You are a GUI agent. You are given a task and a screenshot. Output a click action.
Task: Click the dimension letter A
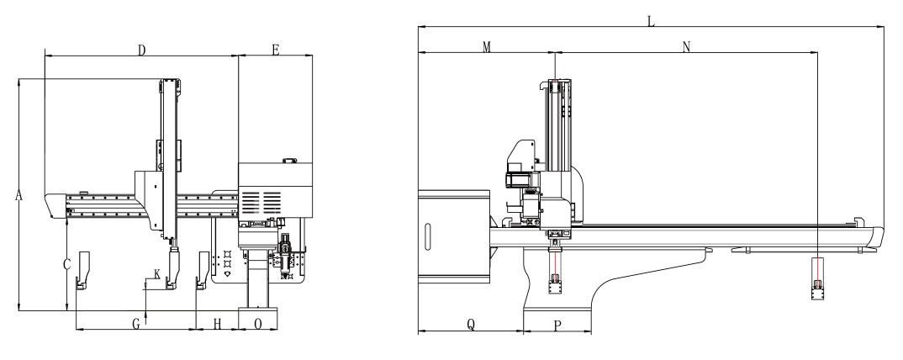coord(18,196)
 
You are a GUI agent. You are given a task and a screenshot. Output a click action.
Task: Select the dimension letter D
coord(141,50)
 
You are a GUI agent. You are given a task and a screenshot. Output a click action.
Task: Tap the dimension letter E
coord(275,50)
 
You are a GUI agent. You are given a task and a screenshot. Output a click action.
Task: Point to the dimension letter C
coord(66,265)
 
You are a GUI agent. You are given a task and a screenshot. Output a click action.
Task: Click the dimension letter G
coord(136,325)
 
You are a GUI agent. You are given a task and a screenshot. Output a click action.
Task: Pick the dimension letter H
coord(217,325)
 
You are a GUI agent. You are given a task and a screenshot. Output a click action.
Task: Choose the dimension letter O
coord(258,325)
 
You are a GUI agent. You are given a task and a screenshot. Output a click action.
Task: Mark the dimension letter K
coord(157,273)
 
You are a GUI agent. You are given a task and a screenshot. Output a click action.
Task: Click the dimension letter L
coord(652,22)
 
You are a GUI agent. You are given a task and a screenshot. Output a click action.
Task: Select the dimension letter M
coord(487,47)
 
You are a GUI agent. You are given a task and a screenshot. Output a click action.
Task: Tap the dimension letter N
coord(686,47)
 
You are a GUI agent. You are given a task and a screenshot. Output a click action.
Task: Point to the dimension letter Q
coord(471,325)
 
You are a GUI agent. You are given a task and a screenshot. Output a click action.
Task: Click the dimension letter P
coord(557,326)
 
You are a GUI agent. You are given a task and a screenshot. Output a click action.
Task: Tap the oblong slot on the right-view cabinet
coord(427,236)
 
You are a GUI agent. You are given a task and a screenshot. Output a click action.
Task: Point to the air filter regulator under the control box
coord(286,256)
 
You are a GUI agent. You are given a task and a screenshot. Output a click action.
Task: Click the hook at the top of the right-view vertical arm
coord(543,85)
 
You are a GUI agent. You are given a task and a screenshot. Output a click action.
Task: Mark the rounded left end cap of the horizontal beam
coord(55,205)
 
